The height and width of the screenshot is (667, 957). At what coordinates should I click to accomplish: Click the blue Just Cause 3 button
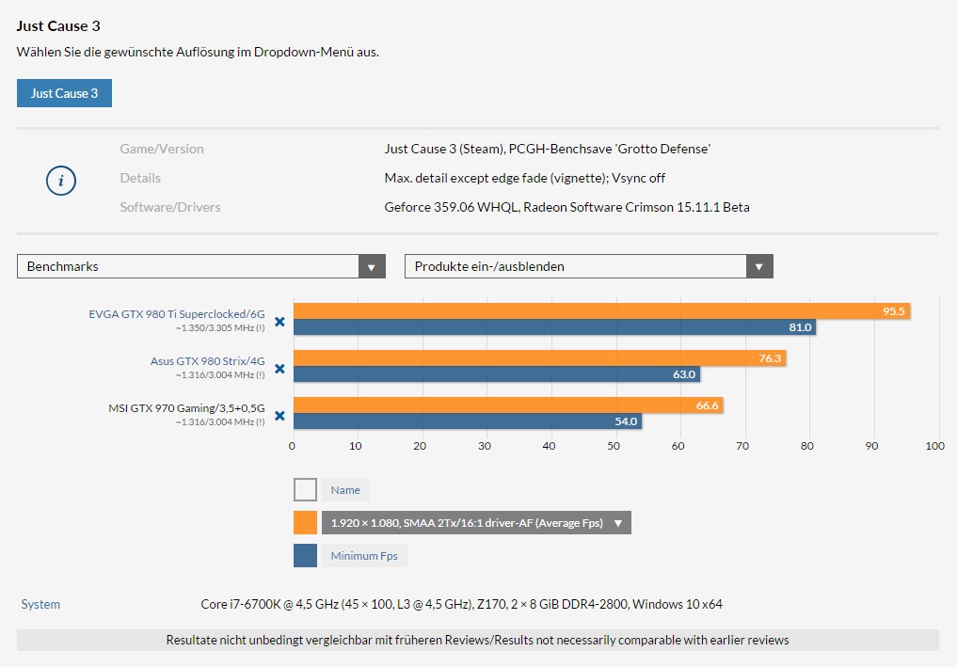pos(64,93)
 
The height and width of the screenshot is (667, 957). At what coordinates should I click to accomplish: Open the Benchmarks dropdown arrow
pos(372,266)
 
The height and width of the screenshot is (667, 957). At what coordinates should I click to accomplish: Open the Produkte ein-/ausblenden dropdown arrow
pos(759,266)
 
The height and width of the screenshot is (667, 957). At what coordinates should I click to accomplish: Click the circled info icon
pos(61,181)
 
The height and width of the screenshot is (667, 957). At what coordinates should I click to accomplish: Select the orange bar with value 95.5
pos(602,311)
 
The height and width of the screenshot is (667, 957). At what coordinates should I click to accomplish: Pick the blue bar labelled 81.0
pos(555,327)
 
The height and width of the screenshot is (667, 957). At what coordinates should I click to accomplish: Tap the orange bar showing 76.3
pos(539,358)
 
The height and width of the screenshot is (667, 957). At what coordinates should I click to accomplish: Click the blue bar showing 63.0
pos(497,374)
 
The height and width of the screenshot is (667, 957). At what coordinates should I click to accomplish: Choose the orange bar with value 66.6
pos(508,405)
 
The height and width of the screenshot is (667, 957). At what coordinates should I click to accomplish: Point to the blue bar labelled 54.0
pos(468,421)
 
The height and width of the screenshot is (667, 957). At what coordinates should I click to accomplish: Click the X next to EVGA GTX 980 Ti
pos(279,322)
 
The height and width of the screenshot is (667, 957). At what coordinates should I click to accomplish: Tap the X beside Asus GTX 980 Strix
pos(279,369)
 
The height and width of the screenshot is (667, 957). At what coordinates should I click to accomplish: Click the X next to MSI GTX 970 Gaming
pos(279,416)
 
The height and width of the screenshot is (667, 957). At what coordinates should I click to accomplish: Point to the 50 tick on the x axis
pos(614,446)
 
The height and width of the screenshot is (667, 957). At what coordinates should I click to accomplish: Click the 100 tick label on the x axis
pos(935,446)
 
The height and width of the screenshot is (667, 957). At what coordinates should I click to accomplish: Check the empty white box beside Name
pos(305,490)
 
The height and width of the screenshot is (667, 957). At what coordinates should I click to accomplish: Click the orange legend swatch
pos(305,523)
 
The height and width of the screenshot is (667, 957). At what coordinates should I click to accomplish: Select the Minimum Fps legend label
pos(364,556)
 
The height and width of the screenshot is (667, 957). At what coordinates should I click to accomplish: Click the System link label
pos(40,604)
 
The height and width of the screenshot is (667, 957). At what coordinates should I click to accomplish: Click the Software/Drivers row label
pos(170,208)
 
